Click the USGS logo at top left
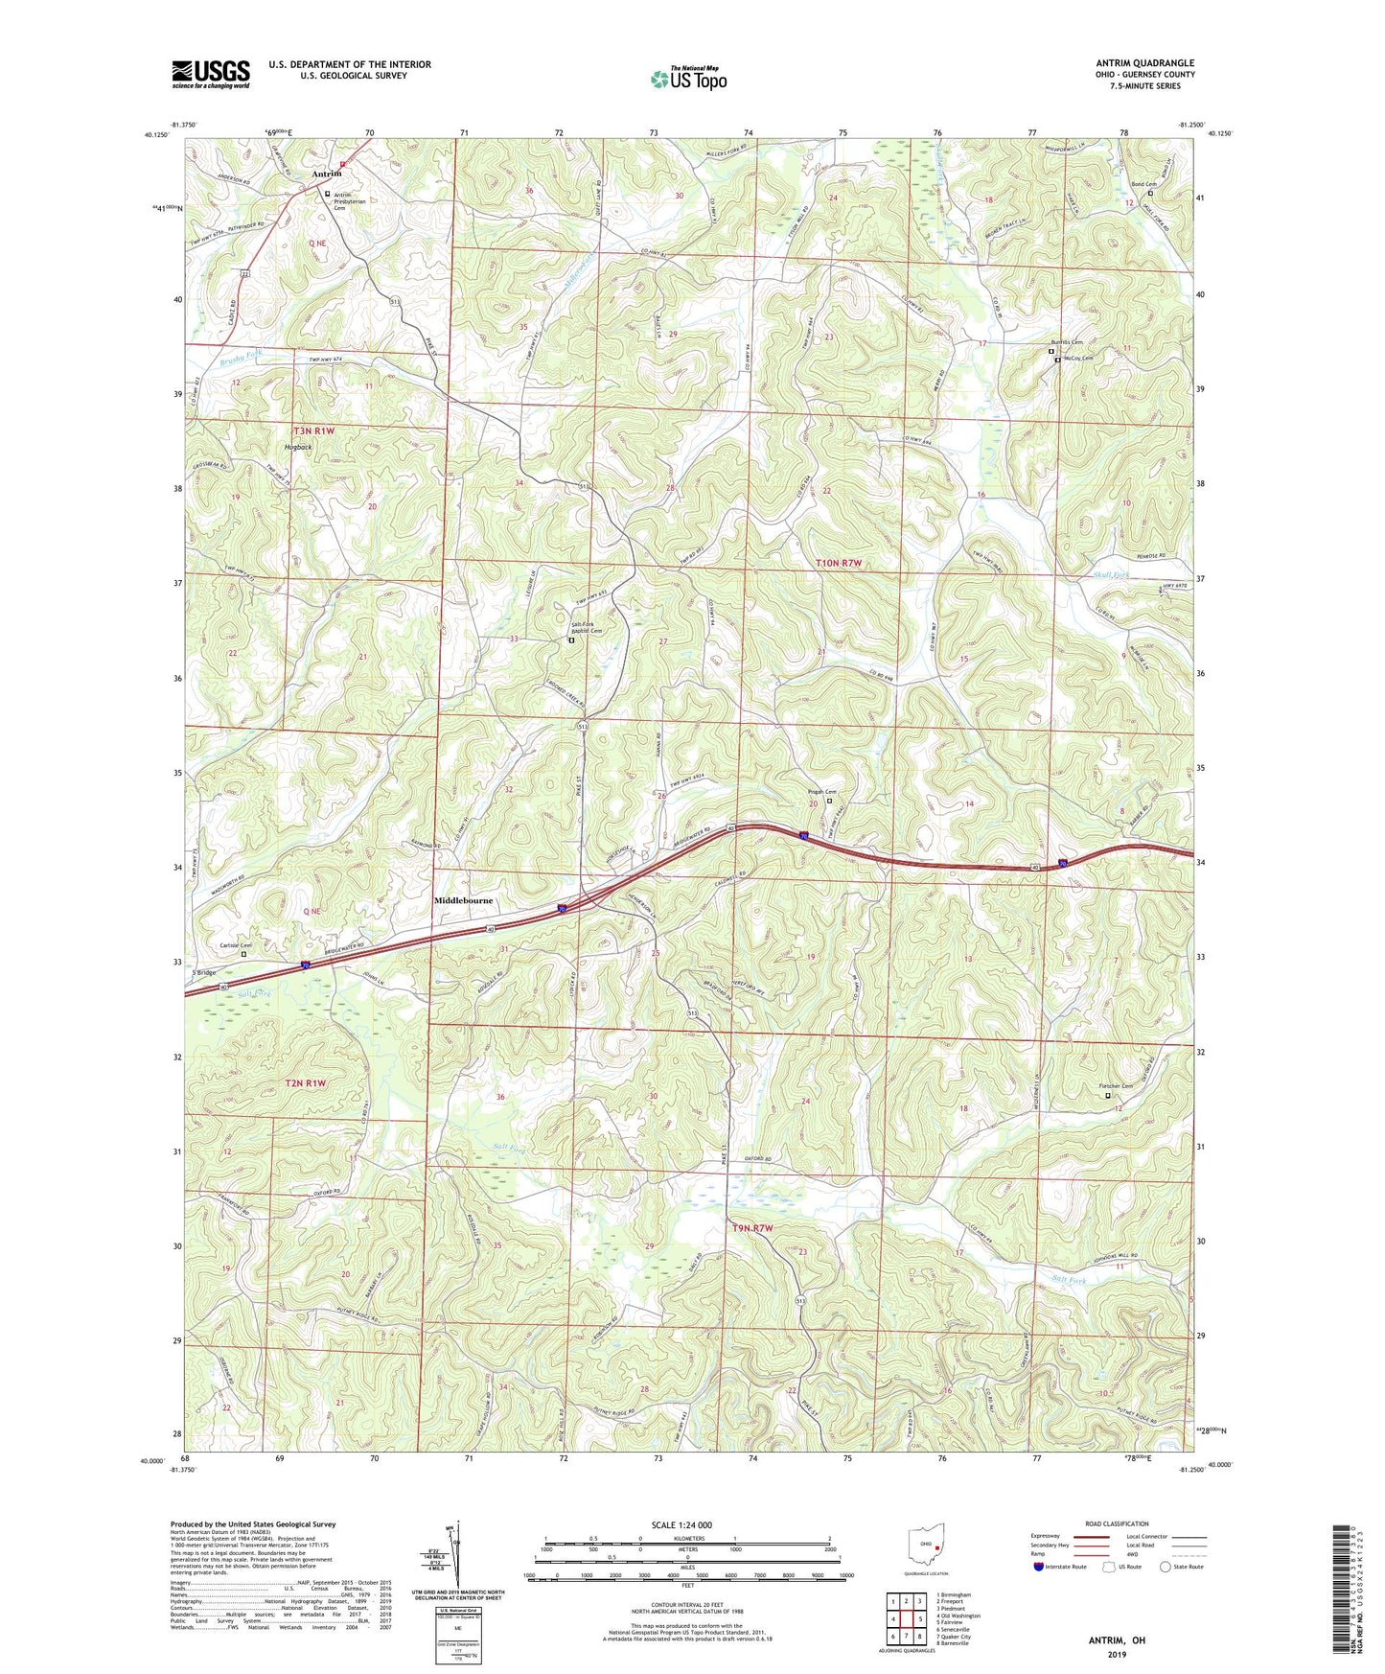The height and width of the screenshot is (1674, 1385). coord(211,74)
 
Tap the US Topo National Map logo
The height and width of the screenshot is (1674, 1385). coord(688,79)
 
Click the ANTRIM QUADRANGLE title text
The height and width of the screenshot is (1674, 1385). coord(1144,63)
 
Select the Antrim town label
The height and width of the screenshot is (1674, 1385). coord(326,174)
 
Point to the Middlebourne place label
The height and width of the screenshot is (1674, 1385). coord(463,901)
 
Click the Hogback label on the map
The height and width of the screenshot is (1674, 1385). coord(297,447)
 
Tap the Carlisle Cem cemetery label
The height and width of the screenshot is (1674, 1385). coord(235,945)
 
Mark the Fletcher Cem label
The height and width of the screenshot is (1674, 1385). coord(1115,1086)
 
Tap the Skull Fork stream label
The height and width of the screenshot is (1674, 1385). coord(1111,575)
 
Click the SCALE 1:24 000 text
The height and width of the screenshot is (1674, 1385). coord(681,1524)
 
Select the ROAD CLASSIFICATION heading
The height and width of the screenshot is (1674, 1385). coord(1118,1523)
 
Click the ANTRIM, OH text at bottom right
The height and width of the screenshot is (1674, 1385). coord(1116,1640)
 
